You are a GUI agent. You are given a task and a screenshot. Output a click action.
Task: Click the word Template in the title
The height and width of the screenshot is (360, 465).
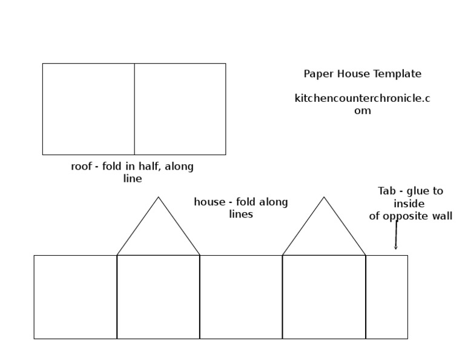398,74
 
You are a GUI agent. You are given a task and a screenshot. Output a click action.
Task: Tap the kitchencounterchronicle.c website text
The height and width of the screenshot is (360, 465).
362,98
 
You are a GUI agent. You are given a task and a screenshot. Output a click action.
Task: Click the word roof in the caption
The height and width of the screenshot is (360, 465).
81,167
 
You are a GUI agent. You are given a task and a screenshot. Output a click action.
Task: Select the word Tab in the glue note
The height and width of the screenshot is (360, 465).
386,191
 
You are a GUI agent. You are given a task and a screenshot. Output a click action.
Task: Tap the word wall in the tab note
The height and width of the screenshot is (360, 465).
443,216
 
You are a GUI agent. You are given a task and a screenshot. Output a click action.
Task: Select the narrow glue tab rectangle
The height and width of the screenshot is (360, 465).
386,297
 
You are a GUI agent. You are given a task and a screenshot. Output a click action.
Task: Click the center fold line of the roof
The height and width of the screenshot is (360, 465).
134,109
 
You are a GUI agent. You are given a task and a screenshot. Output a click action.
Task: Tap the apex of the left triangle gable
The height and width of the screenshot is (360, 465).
159,198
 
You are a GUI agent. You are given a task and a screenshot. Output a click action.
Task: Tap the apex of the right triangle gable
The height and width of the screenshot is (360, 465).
324,198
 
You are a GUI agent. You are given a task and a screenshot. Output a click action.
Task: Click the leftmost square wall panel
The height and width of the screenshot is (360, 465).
75,297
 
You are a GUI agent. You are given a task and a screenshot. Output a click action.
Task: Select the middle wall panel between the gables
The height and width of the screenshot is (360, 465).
241,297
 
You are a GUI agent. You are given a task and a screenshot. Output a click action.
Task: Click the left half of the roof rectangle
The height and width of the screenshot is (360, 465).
88,109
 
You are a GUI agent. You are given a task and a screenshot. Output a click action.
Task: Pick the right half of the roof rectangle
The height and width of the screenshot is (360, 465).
180,109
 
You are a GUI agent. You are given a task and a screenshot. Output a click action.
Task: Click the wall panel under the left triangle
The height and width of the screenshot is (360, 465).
158,297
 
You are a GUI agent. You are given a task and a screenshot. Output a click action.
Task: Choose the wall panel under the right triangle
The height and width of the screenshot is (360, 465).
324,297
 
